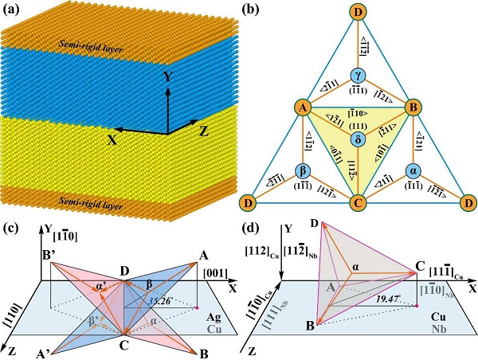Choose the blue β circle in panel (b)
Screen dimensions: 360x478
(x=304, y=170)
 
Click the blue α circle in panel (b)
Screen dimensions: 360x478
(x=413, y=170)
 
